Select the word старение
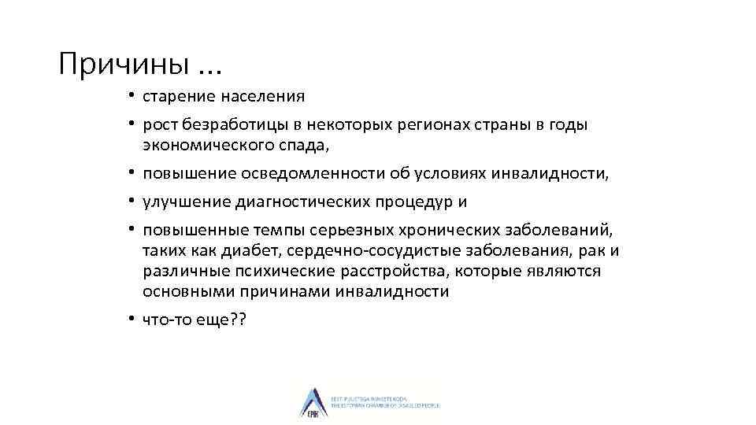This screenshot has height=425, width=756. (x=180, y=97)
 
